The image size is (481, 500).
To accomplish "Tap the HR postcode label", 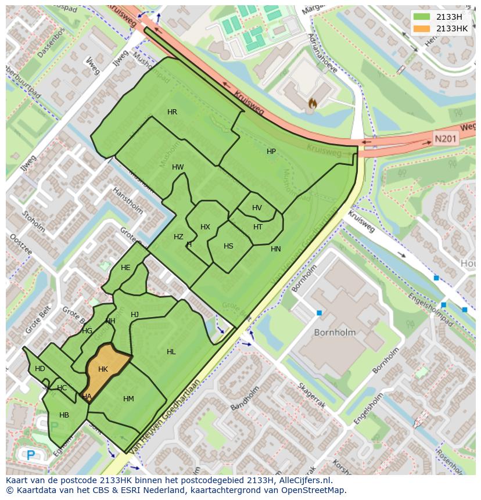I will (x=172, y=112).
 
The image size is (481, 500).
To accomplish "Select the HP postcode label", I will (x=271, y=152).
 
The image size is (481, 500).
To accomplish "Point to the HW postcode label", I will (x=178, y=167).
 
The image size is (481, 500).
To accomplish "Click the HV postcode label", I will (x=257, y=208).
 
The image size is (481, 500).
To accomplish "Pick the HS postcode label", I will (x=228, y=246).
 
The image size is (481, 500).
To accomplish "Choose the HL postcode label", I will (x=171, y=352).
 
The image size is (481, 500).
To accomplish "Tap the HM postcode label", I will (x=128, y=399).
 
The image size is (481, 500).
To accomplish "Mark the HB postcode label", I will (x=64, y=415).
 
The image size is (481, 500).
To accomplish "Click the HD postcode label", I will (x=40, y=369).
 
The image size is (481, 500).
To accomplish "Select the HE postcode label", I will (x=125, y=268).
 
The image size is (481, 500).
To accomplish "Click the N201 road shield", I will (x=446, y=139).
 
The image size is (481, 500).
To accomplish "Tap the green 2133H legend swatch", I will (x=422, y=17).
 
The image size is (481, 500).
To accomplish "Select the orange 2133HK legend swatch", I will (x=422, y=28).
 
